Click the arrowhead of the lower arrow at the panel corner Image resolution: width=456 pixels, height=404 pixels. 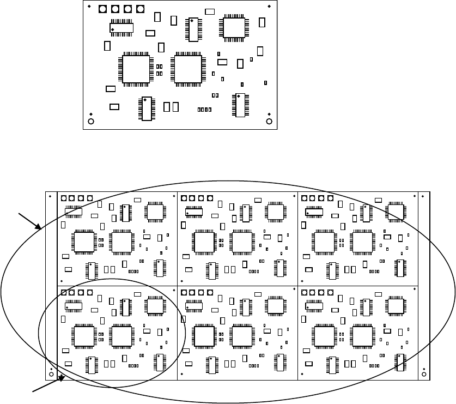pyautogui.click(x=63, y=377)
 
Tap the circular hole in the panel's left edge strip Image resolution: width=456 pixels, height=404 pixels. pyautogui.click(x=51, y=374)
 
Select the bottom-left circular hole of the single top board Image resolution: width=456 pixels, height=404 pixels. pyautogui.click(x=91, y=121)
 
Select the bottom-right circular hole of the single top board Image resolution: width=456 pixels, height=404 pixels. pyautogui.click(x=268, y=121)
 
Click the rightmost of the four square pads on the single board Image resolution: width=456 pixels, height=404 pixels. pyautogui.click(x=141, y=9)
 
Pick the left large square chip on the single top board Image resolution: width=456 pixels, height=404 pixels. pyautogui.click(x=136, y=69)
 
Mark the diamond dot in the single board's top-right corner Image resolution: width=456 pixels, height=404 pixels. pyautogui.click(x=270, y=7)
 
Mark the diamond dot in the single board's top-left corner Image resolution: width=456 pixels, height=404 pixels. pyautogui.click(x=90, y=7)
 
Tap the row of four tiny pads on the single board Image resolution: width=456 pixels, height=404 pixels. pyautogui.click(x=204, y=110)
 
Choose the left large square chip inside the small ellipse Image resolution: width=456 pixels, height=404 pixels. pyautogui.click(x=83, y=334)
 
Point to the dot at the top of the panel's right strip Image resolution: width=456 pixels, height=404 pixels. pyautogui.click(x=424, y=196)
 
